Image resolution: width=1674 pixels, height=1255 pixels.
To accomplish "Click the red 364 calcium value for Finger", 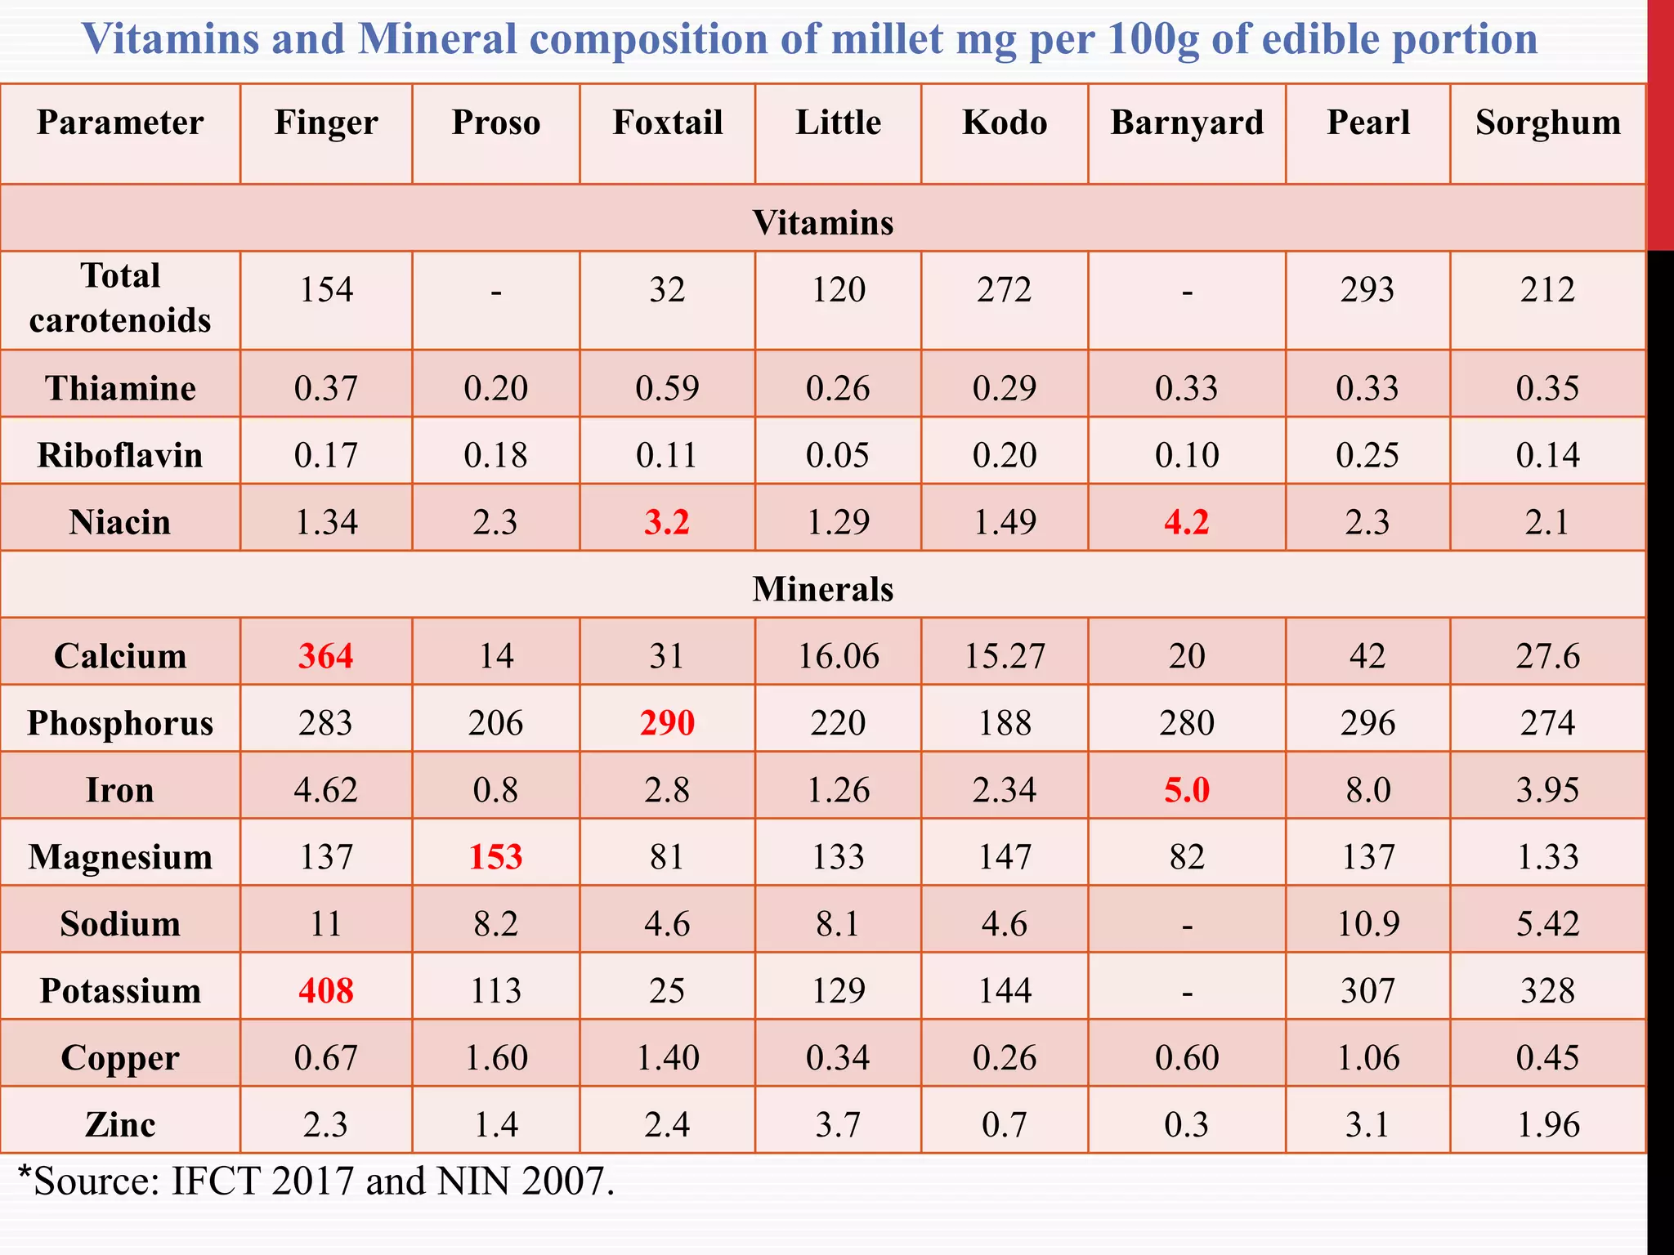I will click(325, 656).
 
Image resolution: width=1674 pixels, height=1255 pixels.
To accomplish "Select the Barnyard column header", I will click(1187, 123).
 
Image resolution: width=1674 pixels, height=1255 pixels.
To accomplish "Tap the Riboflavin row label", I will click(120, 455).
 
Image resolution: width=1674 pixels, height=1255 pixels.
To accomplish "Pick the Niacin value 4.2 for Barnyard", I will click(1186, 522).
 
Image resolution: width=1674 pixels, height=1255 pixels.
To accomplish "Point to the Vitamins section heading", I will click(822, 222).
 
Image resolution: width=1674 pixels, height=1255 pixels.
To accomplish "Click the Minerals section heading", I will click(822, 589).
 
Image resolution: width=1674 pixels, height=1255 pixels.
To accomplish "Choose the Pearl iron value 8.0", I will click(1367, 790).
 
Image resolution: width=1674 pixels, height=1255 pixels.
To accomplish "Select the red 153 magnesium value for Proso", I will click(495, 857).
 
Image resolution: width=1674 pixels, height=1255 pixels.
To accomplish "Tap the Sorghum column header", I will click(1547, 123).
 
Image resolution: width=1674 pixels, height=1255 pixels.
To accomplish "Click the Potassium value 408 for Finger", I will click(325, 991).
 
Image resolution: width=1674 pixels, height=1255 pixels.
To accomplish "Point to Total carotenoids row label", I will click(120, 298).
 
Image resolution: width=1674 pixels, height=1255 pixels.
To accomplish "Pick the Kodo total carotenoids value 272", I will click(1004, 290).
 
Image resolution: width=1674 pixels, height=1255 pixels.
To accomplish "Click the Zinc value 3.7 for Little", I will click(838, 1125).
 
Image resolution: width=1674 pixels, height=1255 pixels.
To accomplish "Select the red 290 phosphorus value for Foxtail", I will click(667, 723).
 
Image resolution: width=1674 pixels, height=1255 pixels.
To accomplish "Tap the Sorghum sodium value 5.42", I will click(1547, 924).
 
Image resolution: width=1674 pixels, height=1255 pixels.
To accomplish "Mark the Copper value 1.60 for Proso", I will click(495, 1058).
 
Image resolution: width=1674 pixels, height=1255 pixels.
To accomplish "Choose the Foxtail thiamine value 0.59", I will click(667, 388).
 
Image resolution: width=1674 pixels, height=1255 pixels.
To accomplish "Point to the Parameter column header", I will click(120, 123).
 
